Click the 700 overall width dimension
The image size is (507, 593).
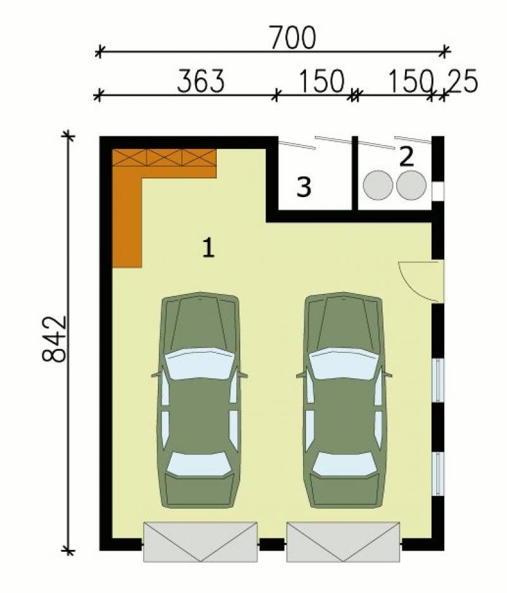pos(293,37)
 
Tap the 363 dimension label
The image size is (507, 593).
pos(201,81)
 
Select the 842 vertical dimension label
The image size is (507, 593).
pos(54,339)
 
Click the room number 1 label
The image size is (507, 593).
pos(209,248)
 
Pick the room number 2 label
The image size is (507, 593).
pos(407,157)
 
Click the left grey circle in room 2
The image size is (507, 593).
pos(378,185)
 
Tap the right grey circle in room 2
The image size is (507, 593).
pos(411,185)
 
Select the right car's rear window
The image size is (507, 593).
pos(344,464)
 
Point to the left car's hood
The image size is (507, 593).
pos(200,321)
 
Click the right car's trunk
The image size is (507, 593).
pos(344,491)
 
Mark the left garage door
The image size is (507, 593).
pos(200,542)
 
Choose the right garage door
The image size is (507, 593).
pos(343,542)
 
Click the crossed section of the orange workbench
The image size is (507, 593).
pos(164,157)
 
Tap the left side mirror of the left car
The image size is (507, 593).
pos(156,375)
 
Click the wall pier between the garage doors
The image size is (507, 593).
pos(272,544)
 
